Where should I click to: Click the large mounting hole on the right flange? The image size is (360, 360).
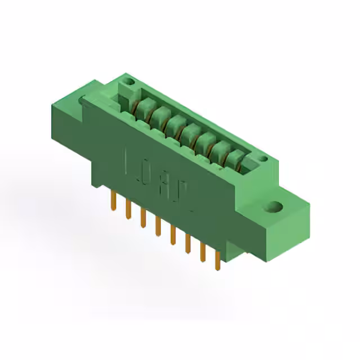tap(276, 206)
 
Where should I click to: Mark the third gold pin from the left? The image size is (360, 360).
tap(143, 217)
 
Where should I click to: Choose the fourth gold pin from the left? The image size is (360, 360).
tap(158, 225)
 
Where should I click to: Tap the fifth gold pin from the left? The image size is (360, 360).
tap(173, 233)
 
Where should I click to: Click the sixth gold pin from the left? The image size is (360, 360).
tap(187, 242)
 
